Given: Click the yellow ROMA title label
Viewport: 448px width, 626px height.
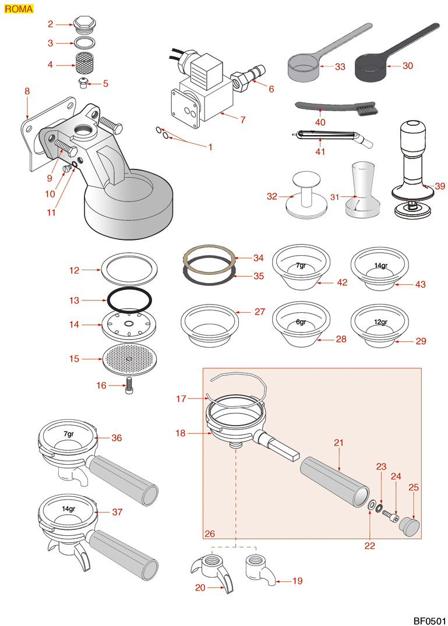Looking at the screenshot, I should [18, 9].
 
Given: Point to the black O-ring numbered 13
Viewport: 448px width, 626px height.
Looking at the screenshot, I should [130, 300].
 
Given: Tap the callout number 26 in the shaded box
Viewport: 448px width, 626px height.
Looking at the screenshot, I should [210, 533].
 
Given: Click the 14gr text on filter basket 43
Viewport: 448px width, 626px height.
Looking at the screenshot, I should [380, 266].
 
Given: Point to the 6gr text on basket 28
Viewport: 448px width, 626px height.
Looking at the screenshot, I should [301, 322].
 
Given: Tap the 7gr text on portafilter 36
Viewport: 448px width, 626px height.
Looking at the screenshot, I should [69, 434].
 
